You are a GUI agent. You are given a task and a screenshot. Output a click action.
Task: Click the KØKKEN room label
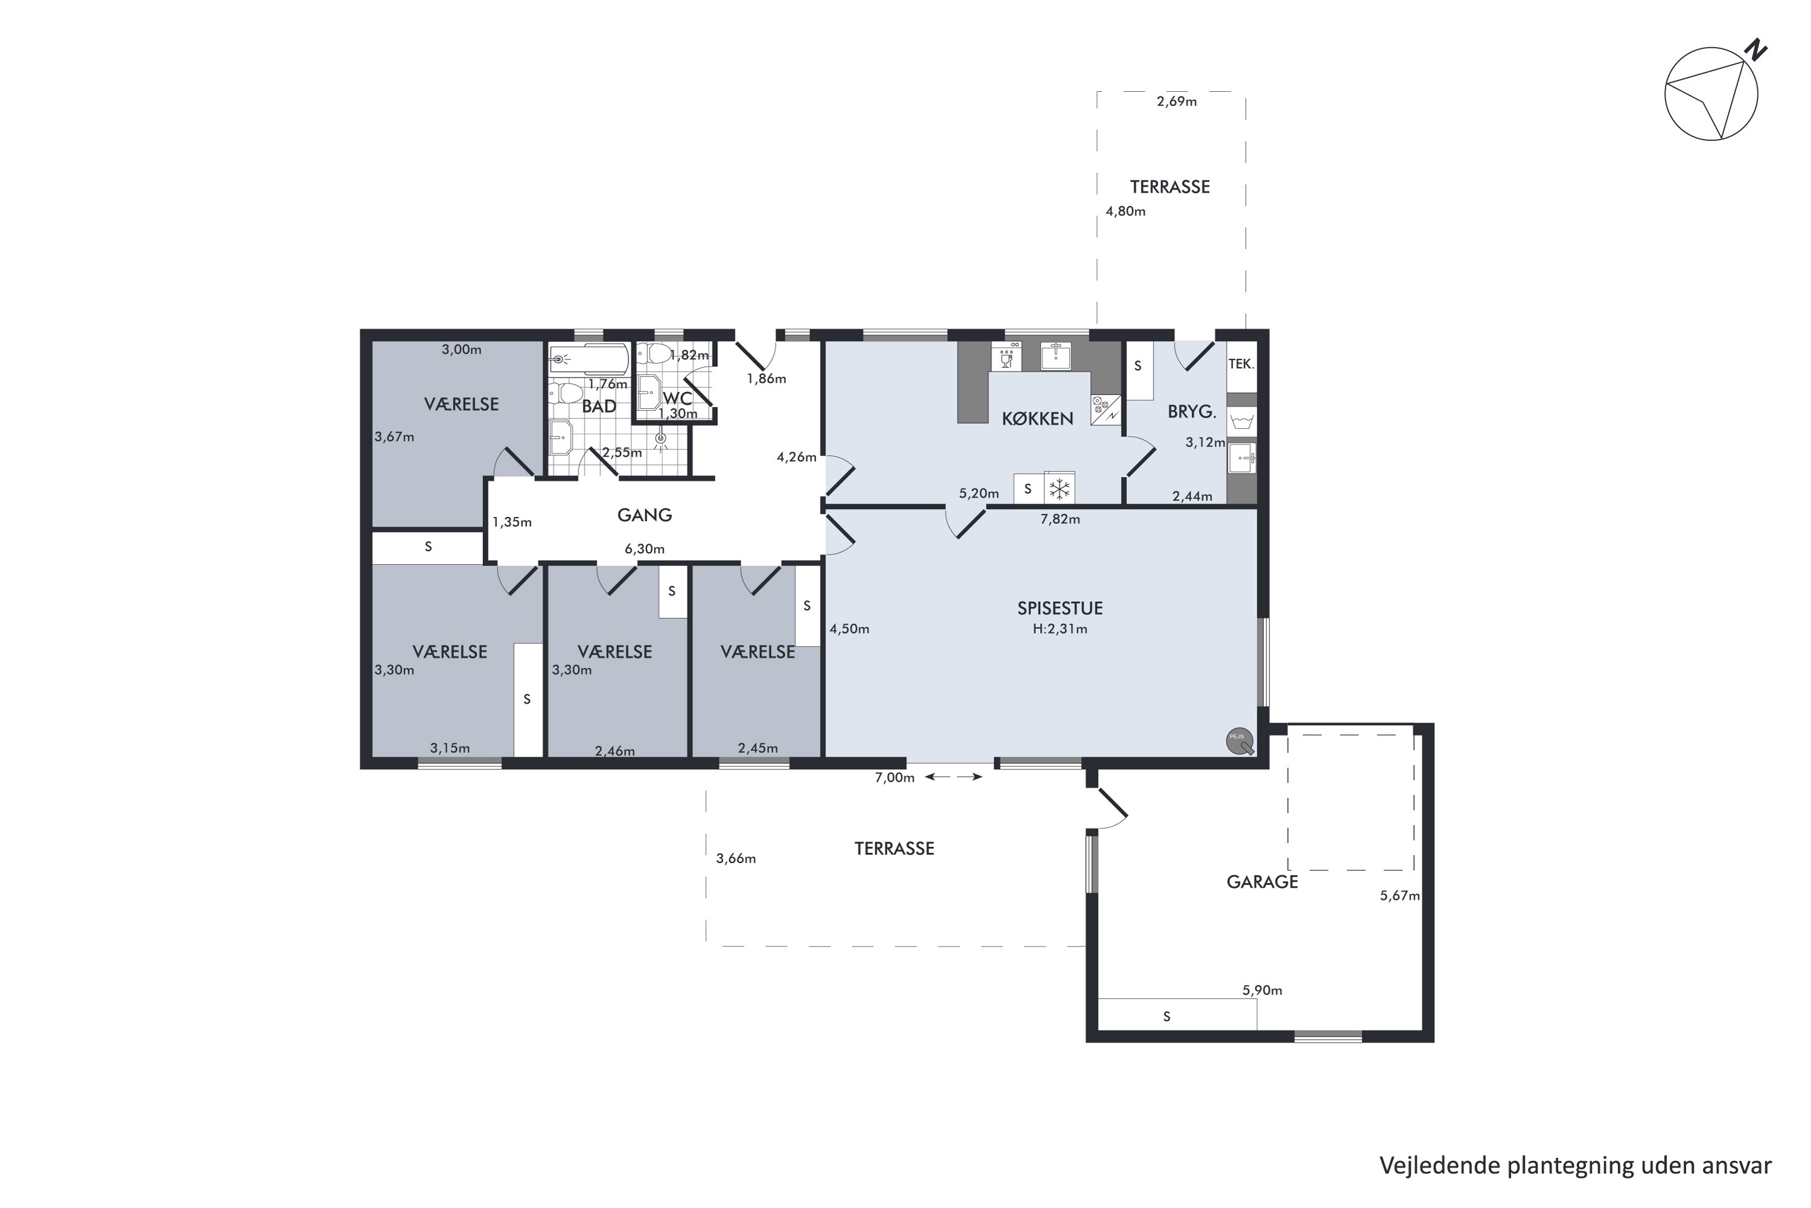pyautogui.click(x=1037, y=419)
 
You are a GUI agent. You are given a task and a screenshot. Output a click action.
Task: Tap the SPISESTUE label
pyautogui.click(x=1059, y=608)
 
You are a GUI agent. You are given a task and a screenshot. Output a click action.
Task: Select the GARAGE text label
pyautogui.click(x=1262, y=882)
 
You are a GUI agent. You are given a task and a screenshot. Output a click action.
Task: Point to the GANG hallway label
pyautogui.click(x=645, y=515)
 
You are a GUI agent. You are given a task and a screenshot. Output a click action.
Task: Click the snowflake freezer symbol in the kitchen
pyautogui.click(x=1059, y=489)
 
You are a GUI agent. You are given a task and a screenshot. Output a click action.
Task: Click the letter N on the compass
pyautogui.click(x=1755, y=50)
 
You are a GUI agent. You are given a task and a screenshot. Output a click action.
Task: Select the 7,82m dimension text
pyautogui.click(x=1060, y=519)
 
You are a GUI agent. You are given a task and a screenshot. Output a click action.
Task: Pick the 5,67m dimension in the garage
pyautogui.click(x=1400, y=895)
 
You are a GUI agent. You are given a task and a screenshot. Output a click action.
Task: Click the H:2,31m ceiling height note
pyautogui.click(x=1060, y=629)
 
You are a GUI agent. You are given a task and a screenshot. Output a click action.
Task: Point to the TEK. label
pyautogui.click(x=1241, y=364)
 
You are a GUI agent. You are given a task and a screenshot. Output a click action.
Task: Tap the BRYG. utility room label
pyautogui.click(x=1192, y=411)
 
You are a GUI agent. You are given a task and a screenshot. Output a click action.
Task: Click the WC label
pyautogui.click(x=677, y=397)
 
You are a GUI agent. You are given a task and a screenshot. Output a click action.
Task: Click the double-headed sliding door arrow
pyautogui.click(x=953, y=777)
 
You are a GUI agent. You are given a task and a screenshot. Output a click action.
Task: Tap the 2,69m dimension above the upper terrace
pyautogui.click(x=1177, y=101)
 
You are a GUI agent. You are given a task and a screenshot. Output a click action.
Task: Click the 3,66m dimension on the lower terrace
pyautogui.click(x=736, y=858)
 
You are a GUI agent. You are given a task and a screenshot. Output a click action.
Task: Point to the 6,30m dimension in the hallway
pyautogui.click(x=645, y=549)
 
